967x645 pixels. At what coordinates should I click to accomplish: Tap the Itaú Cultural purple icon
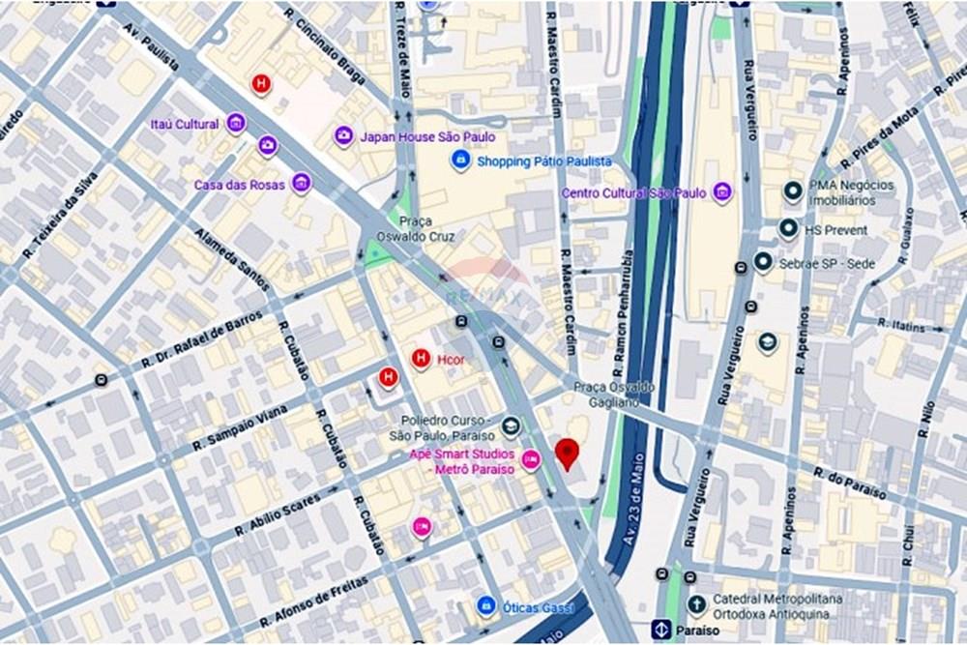coord(236,124)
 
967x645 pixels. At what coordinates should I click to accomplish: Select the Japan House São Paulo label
coord(427,137)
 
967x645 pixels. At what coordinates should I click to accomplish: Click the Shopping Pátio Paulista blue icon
coord(461,161)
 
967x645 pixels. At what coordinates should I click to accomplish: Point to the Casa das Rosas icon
coord(302,183)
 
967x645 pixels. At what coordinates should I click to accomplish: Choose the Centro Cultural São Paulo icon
coord(722,192)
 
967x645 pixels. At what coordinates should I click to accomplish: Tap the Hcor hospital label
coord(452,359)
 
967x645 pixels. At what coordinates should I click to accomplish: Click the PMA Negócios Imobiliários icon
coord(793,191)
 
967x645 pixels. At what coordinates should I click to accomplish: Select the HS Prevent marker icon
coord(788,229)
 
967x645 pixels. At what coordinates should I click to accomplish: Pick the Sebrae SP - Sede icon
coord(763,262)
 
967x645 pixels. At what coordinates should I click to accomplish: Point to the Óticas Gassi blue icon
coord(487,606)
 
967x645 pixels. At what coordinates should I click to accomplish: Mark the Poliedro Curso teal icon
coord(511,426)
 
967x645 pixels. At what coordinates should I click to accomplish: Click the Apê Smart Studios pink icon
coord(530,461)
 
